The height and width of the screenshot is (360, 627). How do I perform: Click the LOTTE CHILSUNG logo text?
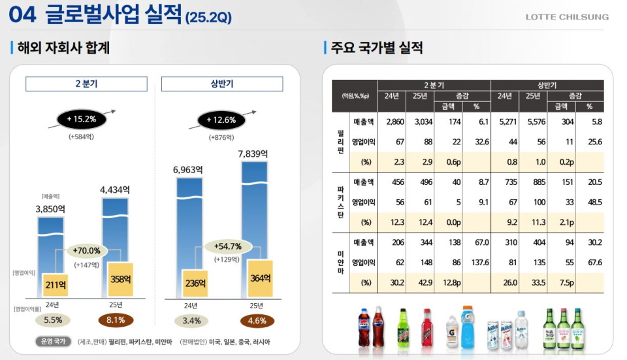tap(567, 17)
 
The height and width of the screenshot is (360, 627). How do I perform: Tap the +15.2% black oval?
tap(81, 119)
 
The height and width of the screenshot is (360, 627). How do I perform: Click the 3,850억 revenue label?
tap(50, 209)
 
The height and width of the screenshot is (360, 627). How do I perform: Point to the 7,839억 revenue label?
tap(253, 154)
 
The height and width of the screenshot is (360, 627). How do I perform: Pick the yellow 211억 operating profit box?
tap(55, 285)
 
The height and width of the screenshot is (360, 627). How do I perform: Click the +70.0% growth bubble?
tap(86, 251)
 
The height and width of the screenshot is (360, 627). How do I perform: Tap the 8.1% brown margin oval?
tap(116, 321)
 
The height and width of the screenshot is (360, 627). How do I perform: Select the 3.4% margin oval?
tap(191, 321)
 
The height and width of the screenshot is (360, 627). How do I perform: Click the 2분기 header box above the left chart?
tap(86, 84)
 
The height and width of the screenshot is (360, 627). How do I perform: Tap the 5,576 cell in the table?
tap(533, 122)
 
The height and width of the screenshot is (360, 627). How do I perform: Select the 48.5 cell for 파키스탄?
tap(594, 202)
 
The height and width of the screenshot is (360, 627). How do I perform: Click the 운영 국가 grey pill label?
tap(54, 342)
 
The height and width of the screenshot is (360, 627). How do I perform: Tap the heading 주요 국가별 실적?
tap(377, 48)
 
